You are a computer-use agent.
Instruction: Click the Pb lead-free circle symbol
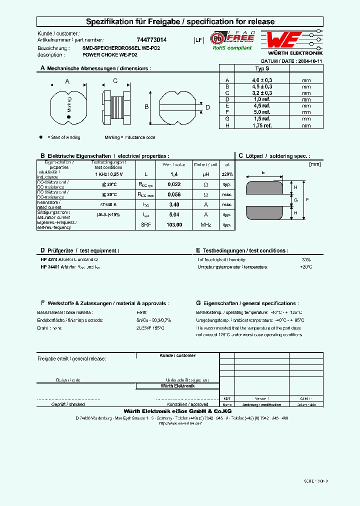pos(217,38)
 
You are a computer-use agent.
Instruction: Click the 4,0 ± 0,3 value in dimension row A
pos(262,80)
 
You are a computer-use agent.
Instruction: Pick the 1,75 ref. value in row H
pos(262,125)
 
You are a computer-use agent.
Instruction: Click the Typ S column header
pos(262,68)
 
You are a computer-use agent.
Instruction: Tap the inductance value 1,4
pos(174,174)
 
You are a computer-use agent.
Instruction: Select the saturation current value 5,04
pos(174,214)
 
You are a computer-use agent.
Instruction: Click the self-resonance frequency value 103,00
pos(174,225)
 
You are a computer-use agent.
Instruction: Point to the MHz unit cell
pos(206,225)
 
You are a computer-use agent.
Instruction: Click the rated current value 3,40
pos(174,204)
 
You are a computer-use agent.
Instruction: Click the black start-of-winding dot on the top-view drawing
pos(69,117)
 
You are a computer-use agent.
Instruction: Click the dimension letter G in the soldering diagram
pos(296,200)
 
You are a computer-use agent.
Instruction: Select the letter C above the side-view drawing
pos(115,81)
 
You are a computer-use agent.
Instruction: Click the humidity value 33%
pos(306,260)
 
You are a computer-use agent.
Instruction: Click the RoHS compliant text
pos(232,48)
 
